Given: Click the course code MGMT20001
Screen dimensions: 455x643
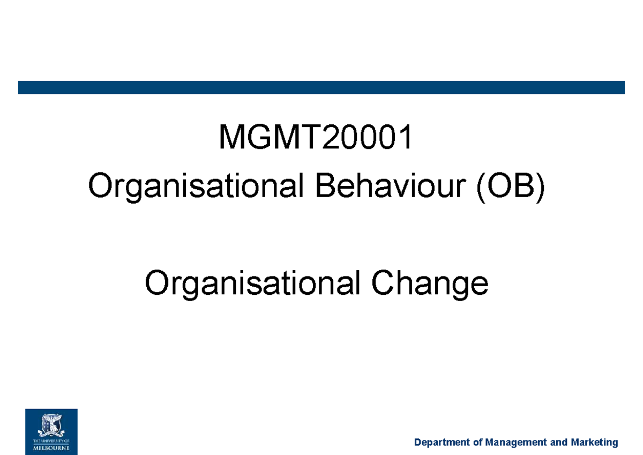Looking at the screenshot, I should pos(316,138).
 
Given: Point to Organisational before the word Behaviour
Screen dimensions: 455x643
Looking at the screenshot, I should pos(198,188).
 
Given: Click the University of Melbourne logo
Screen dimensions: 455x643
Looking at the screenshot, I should pos(51,431).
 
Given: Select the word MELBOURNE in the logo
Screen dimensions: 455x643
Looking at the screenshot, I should pos(51,445).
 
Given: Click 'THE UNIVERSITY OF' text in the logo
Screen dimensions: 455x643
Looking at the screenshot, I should pos(51,438).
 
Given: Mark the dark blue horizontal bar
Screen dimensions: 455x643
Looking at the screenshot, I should pos(322,87).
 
